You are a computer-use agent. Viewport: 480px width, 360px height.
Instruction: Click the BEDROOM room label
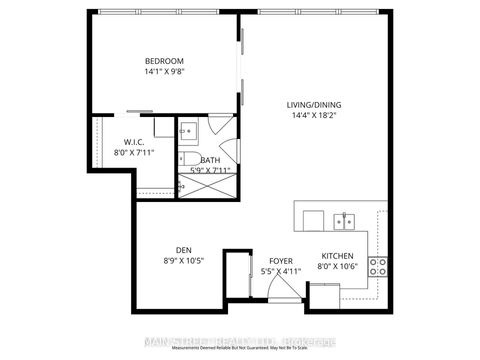tap(164, 61)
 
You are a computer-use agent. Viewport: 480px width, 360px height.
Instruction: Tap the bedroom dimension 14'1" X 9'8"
tap(164, 72)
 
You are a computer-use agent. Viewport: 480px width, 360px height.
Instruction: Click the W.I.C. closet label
tap(135, 142)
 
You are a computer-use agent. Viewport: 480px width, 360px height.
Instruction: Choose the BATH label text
tap(210, 160)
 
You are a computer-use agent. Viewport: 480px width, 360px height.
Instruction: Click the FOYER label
tap(281, 260)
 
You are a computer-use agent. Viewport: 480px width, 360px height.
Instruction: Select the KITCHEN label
tap(337, 255)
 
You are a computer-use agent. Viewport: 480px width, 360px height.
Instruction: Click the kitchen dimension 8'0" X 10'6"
tap(337, 267)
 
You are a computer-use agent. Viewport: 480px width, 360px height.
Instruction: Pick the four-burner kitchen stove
tap(379, 266)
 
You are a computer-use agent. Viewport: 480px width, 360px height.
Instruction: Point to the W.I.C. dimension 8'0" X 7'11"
tap(135, 153)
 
